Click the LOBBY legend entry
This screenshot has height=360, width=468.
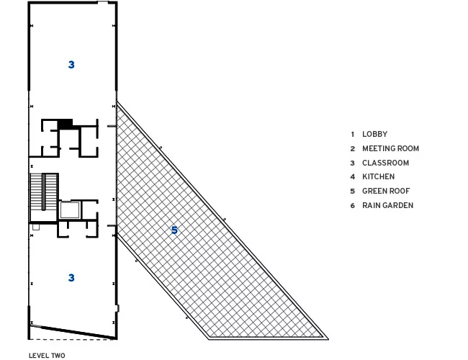tap(374, 134)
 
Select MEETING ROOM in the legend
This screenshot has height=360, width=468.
tap(390, 148)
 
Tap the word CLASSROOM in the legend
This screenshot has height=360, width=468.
tap(385, 163)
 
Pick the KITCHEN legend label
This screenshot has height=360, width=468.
tap(378, 176)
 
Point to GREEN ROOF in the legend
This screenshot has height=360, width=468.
tap(386, 191)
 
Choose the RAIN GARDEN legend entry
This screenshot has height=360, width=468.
tap(387, 205)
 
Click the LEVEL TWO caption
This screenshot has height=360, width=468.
tap(47, 356)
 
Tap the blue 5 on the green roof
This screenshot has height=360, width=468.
tap(175, 230)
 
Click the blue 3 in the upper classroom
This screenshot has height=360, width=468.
tap(71, 65)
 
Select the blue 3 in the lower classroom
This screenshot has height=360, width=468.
tap(71, 278)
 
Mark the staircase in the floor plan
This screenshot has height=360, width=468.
tap(44, 192)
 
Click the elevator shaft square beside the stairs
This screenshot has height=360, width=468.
tap(70, 210)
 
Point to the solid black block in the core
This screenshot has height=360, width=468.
tap(65, 124)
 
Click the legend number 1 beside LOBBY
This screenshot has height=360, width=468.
tap(353, 135)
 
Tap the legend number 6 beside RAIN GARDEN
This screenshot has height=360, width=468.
tap(353, 206)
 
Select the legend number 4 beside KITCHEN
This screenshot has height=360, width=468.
tap(353, 177)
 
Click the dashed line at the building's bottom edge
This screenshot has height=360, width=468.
tap(71, 339)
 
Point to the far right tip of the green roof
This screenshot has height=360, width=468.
tap(328, 339)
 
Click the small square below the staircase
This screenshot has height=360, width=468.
tap(36, 227)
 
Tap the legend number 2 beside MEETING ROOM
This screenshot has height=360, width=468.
tap(353, 148)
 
